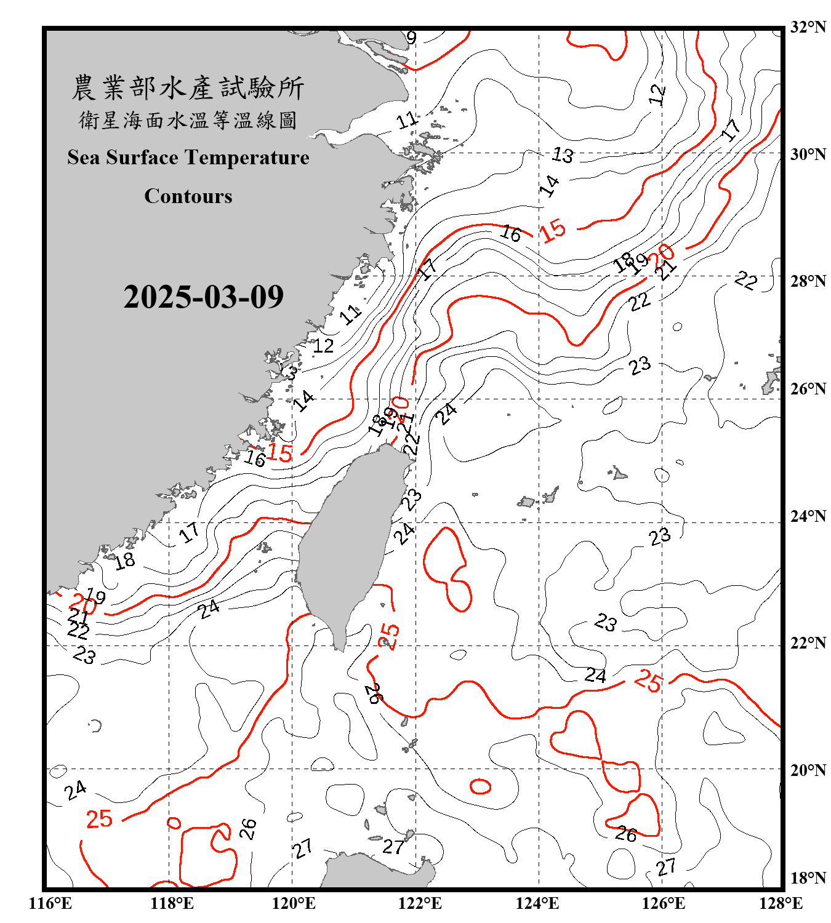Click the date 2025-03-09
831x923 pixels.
[203, 297]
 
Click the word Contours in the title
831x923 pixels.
[188, 196]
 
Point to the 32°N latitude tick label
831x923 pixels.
[808, 27]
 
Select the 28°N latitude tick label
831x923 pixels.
[808, 281]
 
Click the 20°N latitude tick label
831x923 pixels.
[808, 770]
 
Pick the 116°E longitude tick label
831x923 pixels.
[50, 903]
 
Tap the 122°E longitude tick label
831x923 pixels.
[420, 903]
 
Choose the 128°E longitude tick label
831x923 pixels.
[781, 903]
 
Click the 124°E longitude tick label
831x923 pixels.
[537, 903]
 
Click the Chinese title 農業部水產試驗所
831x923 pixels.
[188, 88]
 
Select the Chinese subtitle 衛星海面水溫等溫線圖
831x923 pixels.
[188, 121]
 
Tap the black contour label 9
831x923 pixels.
[412, 38]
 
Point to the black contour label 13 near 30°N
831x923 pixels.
[563, 155]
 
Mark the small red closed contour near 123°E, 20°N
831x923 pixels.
[480, 786]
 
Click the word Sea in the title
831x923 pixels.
[84, 158]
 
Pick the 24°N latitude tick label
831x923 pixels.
[808, 516]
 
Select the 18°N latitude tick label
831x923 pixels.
[808, 878]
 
